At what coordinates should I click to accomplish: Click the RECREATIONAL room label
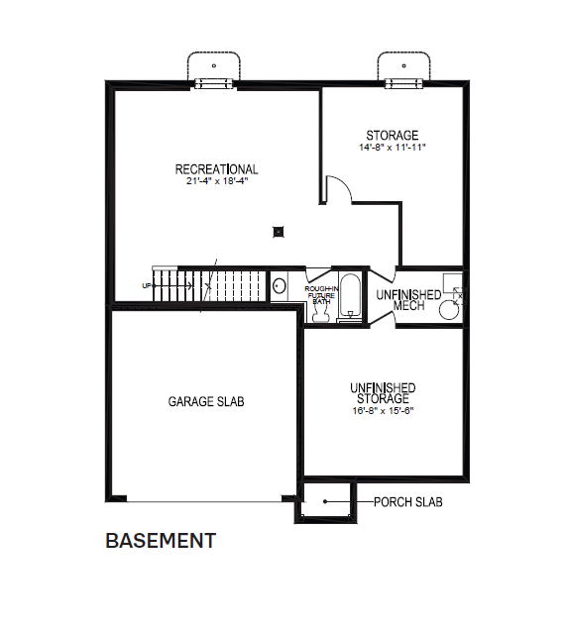(x=216, y=169)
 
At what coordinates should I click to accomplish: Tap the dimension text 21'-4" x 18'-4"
(x=216, y=182)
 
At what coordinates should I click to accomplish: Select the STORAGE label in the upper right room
(x=392, y=136)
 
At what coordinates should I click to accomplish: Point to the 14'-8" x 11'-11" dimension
(x=392, y=148)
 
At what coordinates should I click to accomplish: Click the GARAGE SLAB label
(x=205, y=402)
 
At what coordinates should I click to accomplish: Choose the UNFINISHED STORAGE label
(x=382, y=393)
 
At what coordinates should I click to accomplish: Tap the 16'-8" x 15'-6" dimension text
(x=382, y=411)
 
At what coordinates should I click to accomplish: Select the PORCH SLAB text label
(x=407, y=502)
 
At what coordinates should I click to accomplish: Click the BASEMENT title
(x=161, y=541)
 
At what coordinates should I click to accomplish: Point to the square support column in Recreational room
(x=280, y=233)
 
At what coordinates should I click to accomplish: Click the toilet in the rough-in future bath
(x=320, y=312)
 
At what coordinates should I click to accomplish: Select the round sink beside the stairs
(x=280, y=287)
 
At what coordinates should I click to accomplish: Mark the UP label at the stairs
(x=148, y=286)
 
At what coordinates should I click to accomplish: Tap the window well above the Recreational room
(x=213, y=68)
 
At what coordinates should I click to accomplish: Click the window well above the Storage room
(x=402, y=68)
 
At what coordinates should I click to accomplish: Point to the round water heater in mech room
(x=449, y=309)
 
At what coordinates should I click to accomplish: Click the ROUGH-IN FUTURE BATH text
(x=321, y=290)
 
